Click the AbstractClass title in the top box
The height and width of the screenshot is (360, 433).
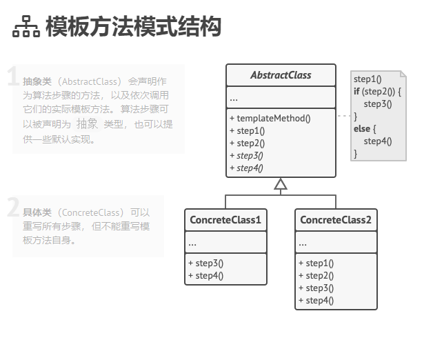pyautogui.click(x=281, y=75)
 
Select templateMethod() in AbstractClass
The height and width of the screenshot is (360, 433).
pyautogui.click(x=270, y=118)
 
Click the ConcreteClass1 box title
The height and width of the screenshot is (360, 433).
pyautogui.click(x=225, y=220)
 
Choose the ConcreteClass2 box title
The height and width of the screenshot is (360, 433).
pyautogui.click(x=336, y=220)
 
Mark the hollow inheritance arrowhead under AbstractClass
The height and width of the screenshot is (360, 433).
pyautogui.click(x=280, y=183)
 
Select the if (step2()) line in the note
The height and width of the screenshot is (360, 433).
pyautogui.click(x=376, y=92)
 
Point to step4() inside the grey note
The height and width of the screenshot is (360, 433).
pyautogui.click(x=377, y=141)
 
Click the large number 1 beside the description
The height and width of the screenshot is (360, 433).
pyautogui.click(x=12, y=77)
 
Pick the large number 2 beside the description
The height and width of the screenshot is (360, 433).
pyautogui.click(x=13, y=207)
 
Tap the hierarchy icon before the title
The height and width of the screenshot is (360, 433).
pyautogui.click(x=26, y=27)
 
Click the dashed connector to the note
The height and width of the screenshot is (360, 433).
pyautogui.click(x=343, y=116)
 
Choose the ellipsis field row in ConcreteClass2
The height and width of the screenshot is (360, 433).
pyautogui.click(x=336, y=243)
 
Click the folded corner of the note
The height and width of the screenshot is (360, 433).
pyautogui.click(x=403, y=74)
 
